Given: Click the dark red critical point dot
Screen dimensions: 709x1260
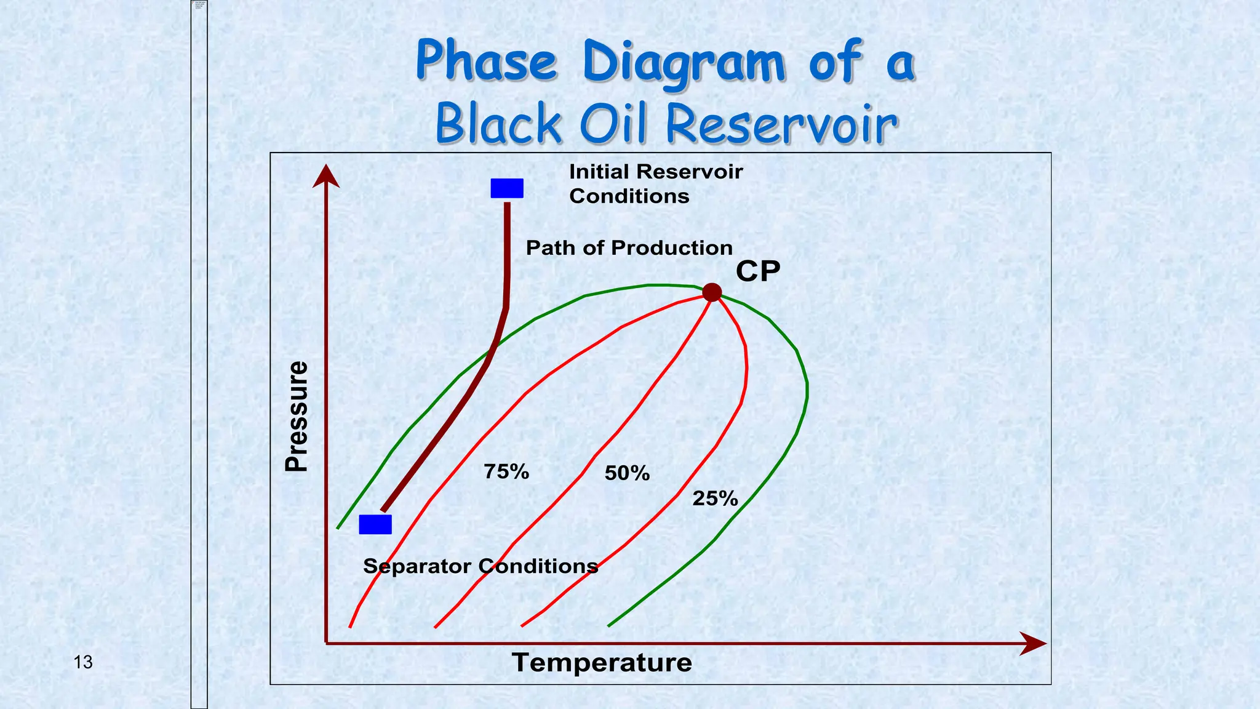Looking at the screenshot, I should (712, 292).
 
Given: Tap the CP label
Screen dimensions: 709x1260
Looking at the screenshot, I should (758, 271).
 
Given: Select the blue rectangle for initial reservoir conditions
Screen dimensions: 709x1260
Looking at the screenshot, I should (507, 188).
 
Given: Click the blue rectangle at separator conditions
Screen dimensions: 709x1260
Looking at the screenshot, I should (375, 524).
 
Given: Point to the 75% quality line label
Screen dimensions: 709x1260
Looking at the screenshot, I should (506, 472).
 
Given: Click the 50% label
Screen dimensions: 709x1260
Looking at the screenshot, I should (627, 473).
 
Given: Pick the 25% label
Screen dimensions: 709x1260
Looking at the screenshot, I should (715, 499).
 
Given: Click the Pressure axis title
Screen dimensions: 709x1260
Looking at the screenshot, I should (297, 417).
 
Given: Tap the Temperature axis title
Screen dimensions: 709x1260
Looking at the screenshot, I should (602, 663).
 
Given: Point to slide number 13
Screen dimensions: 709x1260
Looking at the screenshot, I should (83, 662).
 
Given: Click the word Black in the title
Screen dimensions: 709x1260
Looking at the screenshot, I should (498, 125).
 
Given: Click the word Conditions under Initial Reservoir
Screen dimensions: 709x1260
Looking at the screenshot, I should (629, 196).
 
